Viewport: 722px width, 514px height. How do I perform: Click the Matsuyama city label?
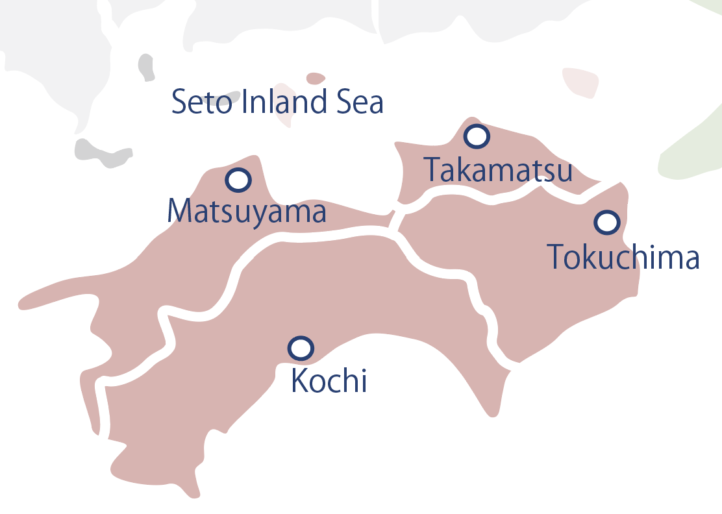[x=247, y=211]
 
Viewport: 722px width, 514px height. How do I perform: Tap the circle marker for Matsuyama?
[x=238, y=180]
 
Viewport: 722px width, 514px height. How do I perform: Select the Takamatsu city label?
[x=498, y=170]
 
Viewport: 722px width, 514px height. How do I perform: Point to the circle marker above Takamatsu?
[x=477, y=136]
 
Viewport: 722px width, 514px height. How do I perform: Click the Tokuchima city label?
[x=623, y=257]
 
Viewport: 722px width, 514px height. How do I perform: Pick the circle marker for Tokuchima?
[x=607, y=223]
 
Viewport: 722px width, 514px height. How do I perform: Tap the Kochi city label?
[x=329, y=380]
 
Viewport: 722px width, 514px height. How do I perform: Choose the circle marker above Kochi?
[x=301, y=349]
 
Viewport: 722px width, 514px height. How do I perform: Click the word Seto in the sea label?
[x=201, y=103]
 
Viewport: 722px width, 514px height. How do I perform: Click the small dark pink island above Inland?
[x=316, y=78]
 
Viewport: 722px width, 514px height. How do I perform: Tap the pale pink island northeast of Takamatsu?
[x=580, y=82]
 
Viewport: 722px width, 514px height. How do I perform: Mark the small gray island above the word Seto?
[x=147, y=67]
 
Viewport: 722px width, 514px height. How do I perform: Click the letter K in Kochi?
[x=299, y=381]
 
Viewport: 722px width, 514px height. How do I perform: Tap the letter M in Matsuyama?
[x=179, y=211]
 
